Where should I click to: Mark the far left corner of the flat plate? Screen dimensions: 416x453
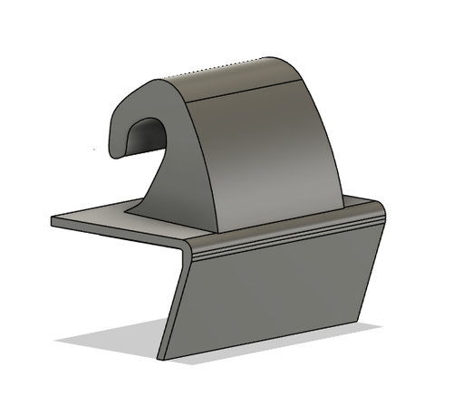(x=53, y=220)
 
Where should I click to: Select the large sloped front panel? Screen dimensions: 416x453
(x=272, y=290)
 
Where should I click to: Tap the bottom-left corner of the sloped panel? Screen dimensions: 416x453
(x=161, y=358)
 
